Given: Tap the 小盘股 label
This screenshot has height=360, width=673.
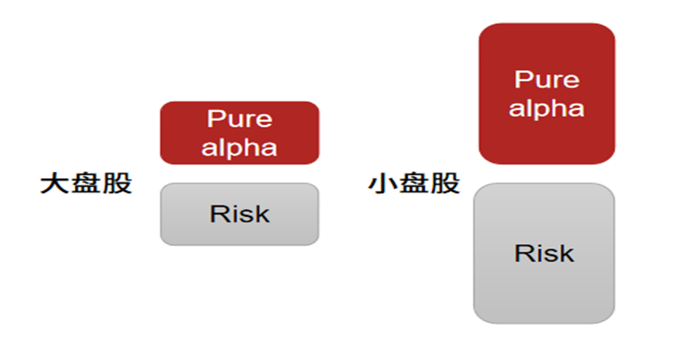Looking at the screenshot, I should [x=414, y=184].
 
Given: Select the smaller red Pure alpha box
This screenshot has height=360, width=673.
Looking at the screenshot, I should [x=240, y=133].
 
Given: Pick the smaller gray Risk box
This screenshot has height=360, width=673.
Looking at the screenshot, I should [x=240, y=214].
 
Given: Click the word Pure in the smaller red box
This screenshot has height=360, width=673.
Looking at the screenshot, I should [x=240, y=119].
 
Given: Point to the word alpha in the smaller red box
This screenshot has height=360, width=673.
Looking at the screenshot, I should [x=240, y=146].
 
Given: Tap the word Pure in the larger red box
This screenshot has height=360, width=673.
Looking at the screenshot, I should [x=546, y=79].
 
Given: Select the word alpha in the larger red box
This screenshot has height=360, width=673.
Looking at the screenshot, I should [x=546, y=107].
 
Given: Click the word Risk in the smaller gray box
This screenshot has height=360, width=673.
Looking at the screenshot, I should [x=240, y=214].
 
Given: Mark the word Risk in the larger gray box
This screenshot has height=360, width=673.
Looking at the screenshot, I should [x=544, y=253].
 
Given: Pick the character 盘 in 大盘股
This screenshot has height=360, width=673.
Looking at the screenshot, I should [x=86, y=184].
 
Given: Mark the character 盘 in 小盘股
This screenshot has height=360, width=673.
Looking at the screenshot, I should [x=414, y=184].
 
